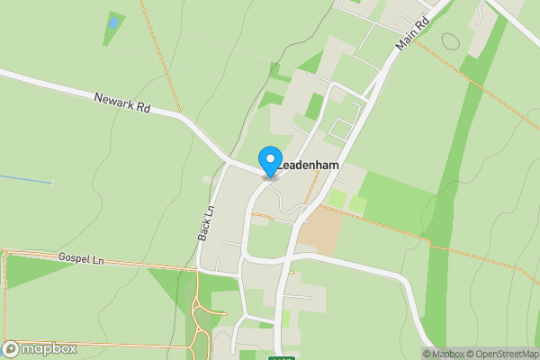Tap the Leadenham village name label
[x=310, y=166]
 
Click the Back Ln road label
[x=206, y=221]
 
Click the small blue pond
[x=113, y=21]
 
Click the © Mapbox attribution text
[x=443, y=354]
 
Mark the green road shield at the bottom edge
[x=282, y=357]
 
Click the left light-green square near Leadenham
[x=336, y=198]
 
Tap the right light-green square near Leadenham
[x=357, y=204]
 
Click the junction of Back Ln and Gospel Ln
[x=198, y=267]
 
